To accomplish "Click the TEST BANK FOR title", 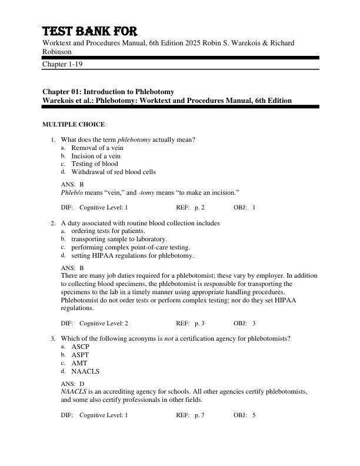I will pyautogui.click(x=94, y=31).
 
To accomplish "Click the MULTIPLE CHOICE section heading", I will pyautogui.click(x=74, y=125).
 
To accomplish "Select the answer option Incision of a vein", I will pyautogui.click(x=96, y=156).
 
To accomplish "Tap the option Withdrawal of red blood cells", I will pyautogui.click(x=114, y=172).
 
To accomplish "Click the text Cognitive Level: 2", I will pyautogui.click(x=104, y=323).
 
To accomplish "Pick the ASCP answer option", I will pyautogui.click(x=80, y=347).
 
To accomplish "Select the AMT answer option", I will pyautogui.click(x=79, y=364).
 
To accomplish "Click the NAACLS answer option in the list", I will pyautogui.click(x=85, y=372).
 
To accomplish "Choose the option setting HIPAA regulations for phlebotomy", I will pyautogui.click(x=132, y=256).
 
